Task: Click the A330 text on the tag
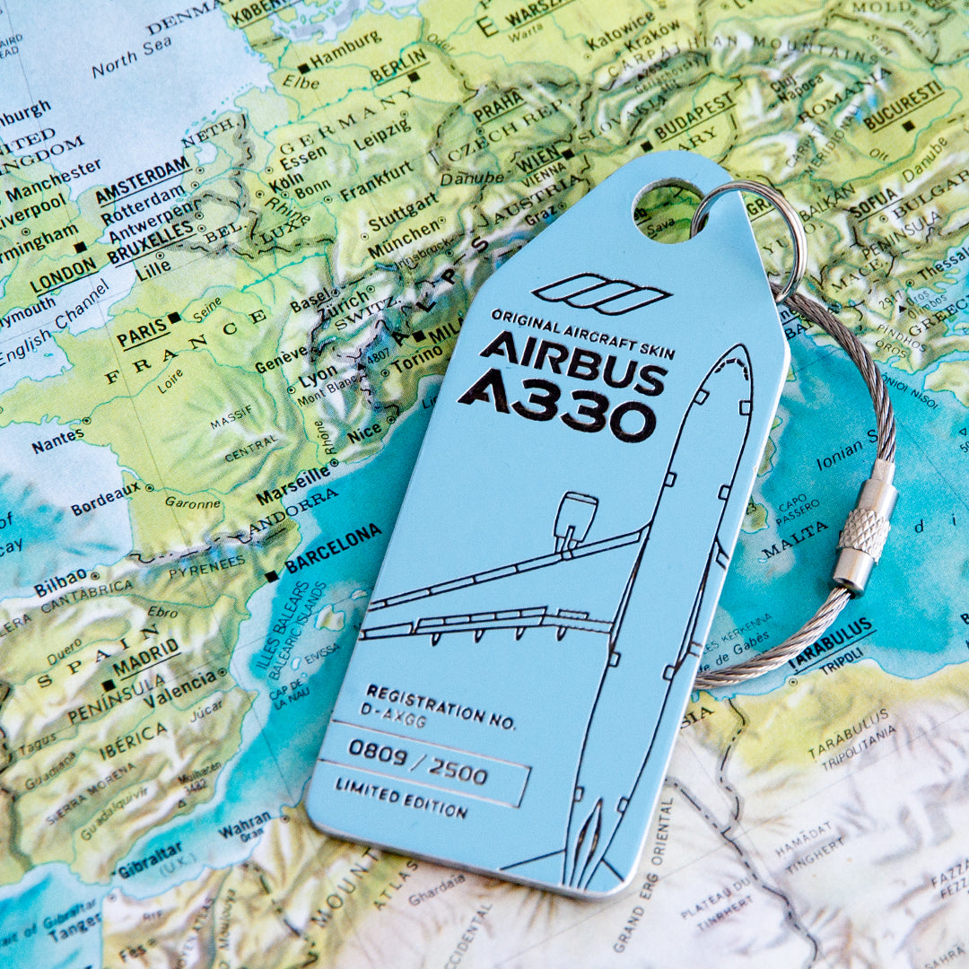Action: tap(558, 409)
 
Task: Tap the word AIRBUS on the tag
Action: tap(575, 362)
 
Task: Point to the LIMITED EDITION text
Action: tap(401, 798)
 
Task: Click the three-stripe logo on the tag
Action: tap(601, 293)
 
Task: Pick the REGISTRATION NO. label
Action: tap(441, 706)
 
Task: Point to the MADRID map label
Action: tap(145, 659)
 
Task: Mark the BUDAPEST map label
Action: tap(694, 118)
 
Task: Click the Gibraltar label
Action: tap(149, 859)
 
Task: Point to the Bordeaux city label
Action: tap(106, 499)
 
